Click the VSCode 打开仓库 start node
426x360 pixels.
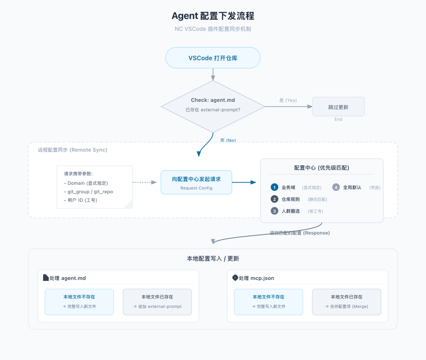pos(213,58)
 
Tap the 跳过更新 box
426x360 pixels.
pos(338,107)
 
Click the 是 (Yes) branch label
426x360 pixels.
pos(288,100)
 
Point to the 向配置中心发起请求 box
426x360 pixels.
pos(196,182)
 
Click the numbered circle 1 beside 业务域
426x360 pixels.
pos(275,187)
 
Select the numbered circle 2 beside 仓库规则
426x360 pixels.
pos(275,199)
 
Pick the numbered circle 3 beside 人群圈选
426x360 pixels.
pos(275,211)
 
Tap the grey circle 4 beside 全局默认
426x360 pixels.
pos(336,187)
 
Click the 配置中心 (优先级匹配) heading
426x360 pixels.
pos(322,168)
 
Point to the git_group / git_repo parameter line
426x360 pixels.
pos(90,192)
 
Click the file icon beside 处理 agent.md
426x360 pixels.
pos(45,278)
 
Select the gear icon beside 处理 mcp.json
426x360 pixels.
pos(235,278)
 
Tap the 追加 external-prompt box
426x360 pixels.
pos(157,302)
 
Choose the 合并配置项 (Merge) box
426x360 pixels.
pos(346,302)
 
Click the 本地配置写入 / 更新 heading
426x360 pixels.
pos(213,259)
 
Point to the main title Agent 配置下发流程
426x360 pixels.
pos(213,16)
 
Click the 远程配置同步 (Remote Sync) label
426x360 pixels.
pos(72,150)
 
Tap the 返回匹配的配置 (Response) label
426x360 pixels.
pos(300,233)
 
